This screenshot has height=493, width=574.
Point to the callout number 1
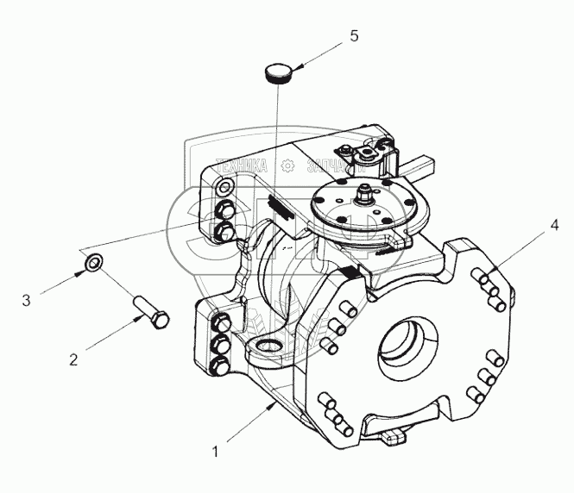217,448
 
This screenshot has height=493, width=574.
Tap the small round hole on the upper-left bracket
224,189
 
